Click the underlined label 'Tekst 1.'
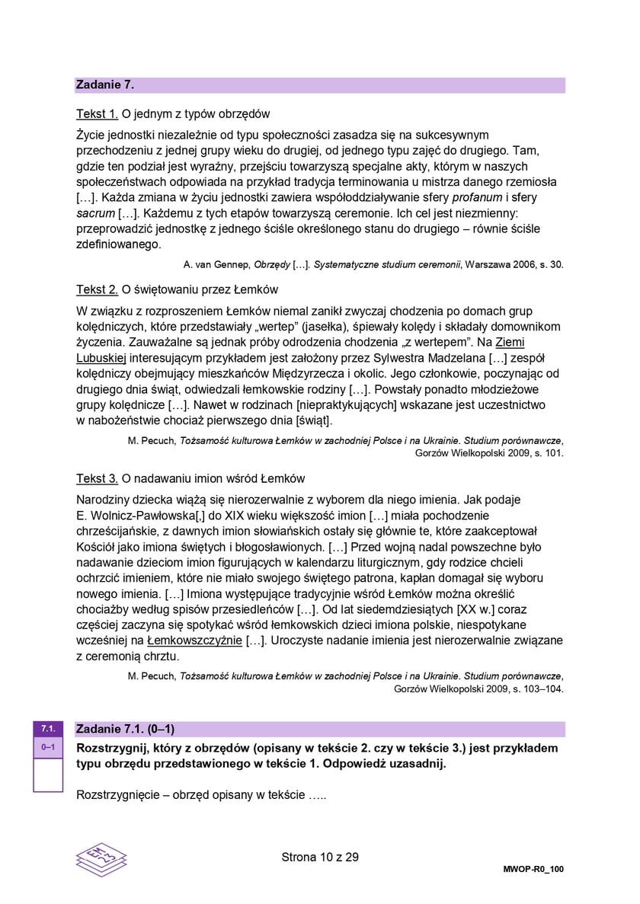tap(97, 114)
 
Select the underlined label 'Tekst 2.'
tap(97, 289)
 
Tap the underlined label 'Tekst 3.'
tap(97, 478)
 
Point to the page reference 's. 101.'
tap(548, 452)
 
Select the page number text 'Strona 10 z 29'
tap(320, 857)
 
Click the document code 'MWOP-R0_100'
tap(533, 869)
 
